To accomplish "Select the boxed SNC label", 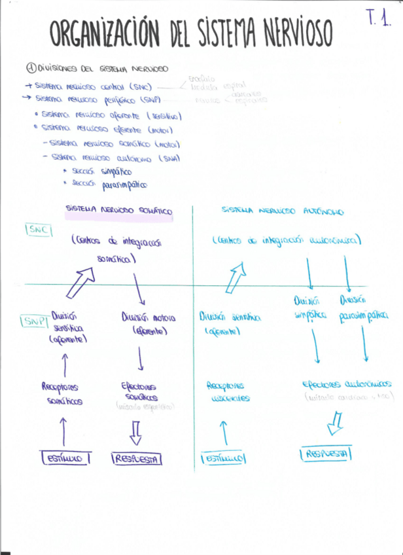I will (x=39, y=230).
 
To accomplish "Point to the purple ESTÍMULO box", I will (x=65, y=459).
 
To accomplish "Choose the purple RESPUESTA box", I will (x=137, y=459).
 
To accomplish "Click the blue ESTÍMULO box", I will (x=224, y=459).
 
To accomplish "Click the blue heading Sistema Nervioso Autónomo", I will (x=283, y=211).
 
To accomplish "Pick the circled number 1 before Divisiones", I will (x=30, y=68).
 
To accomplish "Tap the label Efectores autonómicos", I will (x=346, y=385).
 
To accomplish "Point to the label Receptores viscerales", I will (x=226, y=392).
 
